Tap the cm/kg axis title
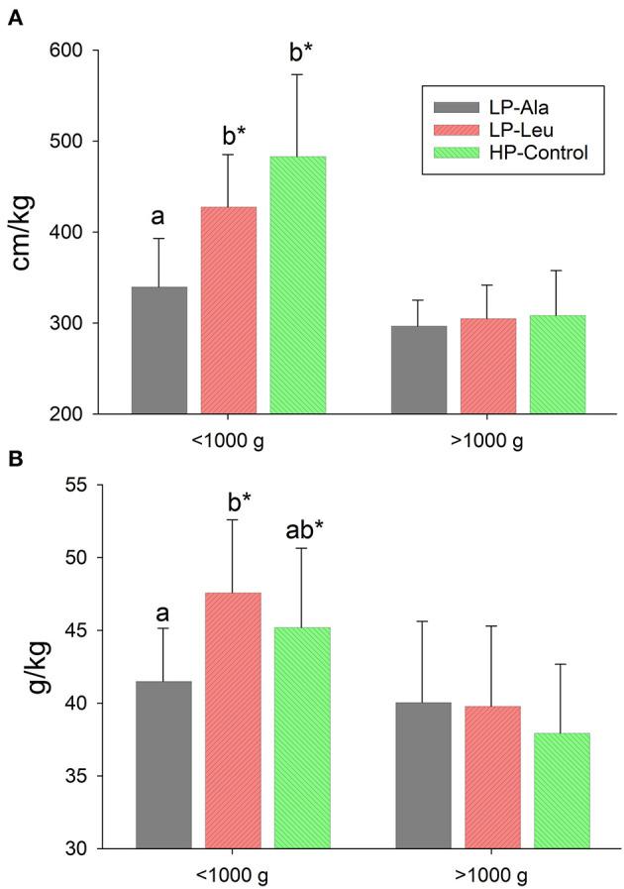pos(22,232)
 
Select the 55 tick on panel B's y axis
pos(76,485)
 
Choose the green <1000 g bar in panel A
pos(298,285)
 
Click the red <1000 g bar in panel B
pos(233,721)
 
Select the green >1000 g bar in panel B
pos(562,791)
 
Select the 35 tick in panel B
pos(76,776)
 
